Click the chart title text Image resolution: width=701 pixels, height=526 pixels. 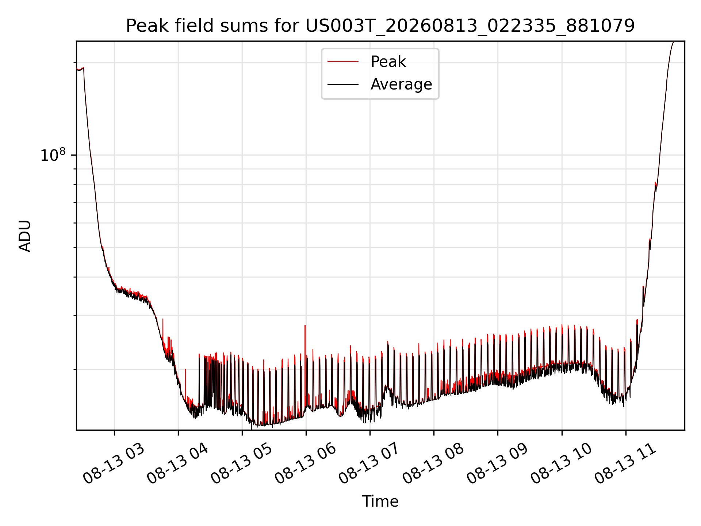380,26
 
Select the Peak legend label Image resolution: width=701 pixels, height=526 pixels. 388,61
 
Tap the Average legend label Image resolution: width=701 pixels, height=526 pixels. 401,84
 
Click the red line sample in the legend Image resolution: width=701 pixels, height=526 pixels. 343,61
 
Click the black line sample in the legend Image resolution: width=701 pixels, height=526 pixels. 343,84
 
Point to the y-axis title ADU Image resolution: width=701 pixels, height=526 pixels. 25,236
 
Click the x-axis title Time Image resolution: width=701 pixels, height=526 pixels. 380,501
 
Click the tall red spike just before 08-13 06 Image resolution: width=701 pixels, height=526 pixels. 305,351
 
